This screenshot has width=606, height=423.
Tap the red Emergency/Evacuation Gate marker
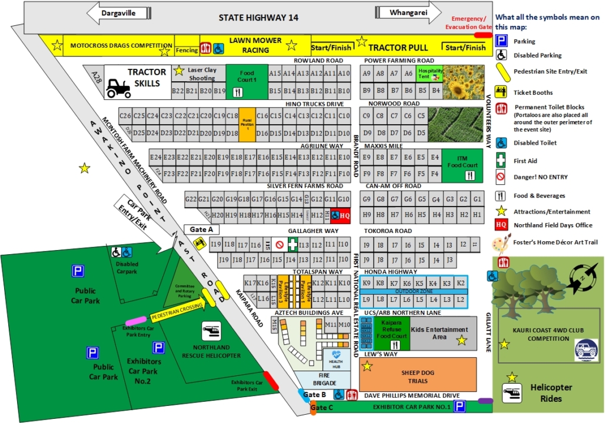point(483,35)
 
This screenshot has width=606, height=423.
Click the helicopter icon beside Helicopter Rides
point(511,392)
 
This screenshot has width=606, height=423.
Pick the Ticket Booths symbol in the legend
point(501,91)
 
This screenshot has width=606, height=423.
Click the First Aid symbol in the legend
point(501,160)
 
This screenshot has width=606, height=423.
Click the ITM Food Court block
point(462,165)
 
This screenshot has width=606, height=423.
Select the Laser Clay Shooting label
point(201,74)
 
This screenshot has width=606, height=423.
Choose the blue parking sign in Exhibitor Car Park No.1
point(460,406)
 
